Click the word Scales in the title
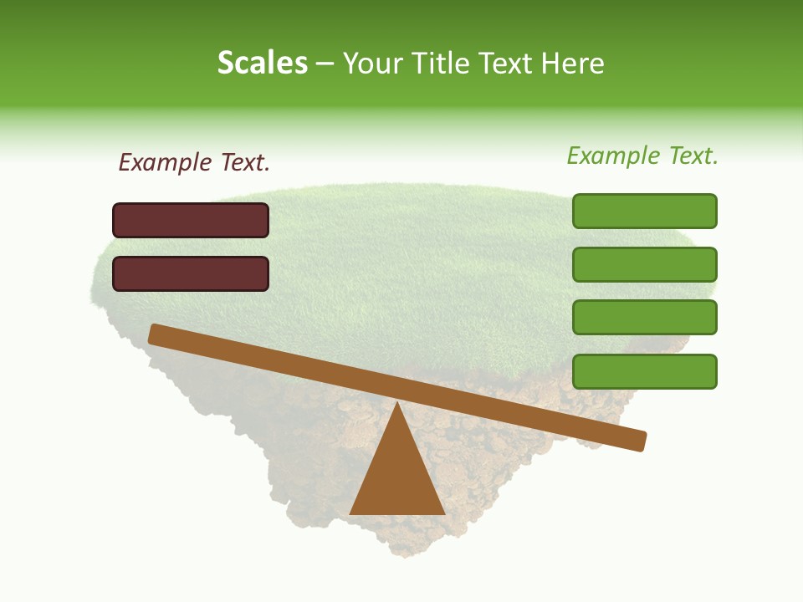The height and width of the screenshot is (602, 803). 262,64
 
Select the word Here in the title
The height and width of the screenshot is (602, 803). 573,64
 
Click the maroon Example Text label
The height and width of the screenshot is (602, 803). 194,163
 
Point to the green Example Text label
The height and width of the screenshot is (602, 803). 642,156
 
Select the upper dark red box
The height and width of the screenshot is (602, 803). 191,220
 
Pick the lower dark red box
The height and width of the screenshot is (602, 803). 191,273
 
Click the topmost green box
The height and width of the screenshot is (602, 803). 644,211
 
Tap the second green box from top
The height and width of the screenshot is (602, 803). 644,264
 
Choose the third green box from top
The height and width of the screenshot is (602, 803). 644,318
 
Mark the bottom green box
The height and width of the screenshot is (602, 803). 644,371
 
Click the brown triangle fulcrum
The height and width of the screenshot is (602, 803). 397,477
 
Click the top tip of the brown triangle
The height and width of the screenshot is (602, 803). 397,405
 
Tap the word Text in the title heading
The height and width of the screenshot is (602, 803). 509,64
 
